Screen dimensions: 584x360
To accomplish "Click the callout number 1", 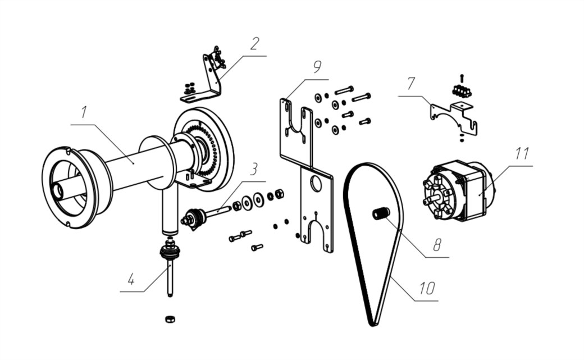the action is click(x=84, y=112).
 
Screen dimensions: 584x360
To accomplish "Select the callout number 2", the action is click(x=255, y=44).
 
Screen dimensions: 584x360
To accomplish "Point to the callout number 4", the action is click(x=131, y=279).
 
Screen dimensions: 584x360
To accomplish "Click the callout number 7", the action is click(x=411, y=84).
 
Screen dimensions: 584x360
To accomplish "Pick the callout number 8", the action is click(x=437, y=244).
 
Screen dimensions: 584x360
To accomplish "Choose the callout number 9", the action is click(x=317, y=67).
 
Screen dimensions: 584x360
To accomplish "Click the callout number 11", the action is click(x=522, y=153).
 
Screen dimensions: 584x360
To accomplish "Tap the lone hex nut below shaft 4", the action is click(x=170, y=319).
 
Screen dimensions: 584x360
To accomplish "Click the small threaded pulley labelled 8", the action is click(x=381, y=213).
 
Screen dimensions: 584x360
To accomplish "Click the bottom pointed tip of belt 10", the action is click(x=373, y=326).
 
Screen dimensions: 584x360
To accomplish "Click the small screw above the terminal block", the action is click(x=462, y=78).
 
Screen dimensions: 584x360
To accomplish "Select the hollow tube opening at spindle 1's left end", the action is click(x=58, y=190).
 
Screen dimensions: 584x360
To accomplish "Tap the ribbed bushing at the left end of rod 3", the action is click(x=194, y=219).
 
